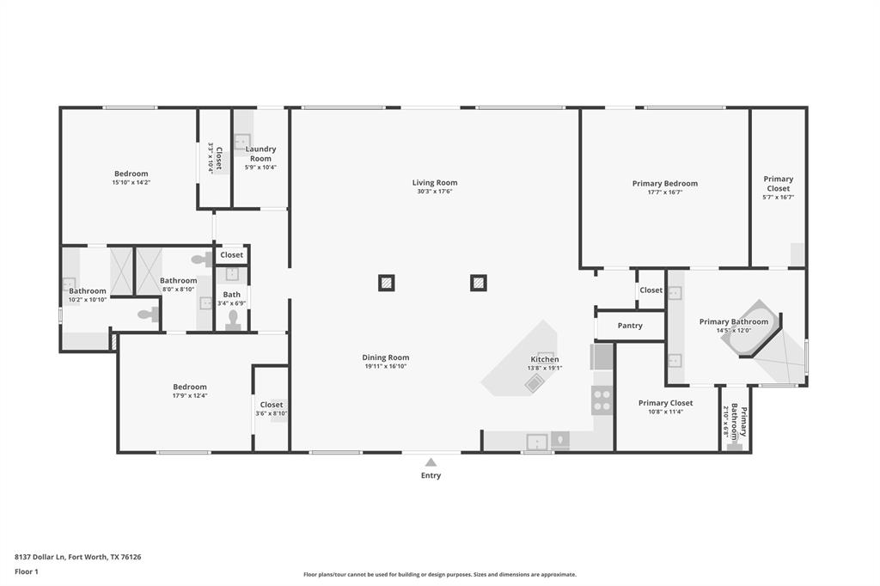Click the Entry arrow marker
pyautogui.click(x=431, y=462)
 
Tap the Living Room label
pyautogui.click(x=434, y=182)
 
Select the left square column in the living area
pyautogui.click(x=388, y=282)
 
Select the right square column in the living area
pyautogui.click(x=479, y=282)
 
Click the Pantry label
pyautogui.click(x=630, y=326)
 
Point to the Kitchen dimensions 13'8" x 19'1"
pyautogui.click(x=544, y=368)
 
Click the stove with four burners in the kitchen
pyautogui.click(x=602, y=400)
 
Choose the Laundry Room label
pyautogui.click(x=260, y=154)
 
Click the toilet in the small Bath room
pyautogui.click(x=232, y=320)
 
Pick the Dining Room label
pyautogui.click(x=386, y=357)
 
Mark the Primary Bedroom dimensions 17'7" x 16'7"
pyautogui.click(x=664, y=192)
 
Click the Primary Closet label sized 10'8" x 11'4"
pyautogui.click(x=665, y=403)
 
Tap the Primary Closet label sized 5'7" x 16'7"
pyautogui.click(x=778, y=183)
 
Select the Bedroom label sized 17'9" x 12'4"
pyautogui.click(x=190, y=387)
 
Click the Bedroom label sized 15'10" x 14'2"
pyautogui.click(x=131, y=174)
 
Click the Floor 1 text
pyautogui.click(x=27, y=571)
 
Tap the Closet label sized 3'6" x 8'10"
pyautogui.click(x=272, y=405)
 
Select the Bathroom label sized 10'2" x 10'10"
pyautogui.click(x=88, y=290)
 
